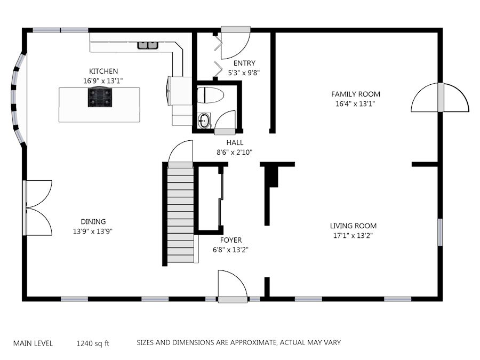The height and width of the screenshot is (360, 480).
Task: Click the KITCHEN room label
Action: (x=103, y=71)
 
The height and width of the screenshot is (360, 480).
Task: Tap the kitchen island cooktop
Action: (x=100, y=97)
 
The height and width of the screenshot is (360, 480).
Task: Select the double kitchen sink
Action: (x=148, y=45)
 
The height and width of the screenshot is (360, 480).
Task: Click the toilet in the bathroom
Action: (x=210, y=95)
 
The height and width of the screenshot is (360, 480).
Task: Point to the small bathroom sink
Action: (x=204, y=121)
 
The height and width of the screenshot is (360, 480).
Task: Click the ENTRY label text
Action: (x=244, y=63)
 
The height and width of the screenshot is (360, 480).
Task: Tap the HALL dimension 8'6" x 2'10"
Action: (x=235, y=152)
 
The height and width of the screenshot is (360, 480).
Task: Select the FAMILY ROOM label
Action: (x=355, y=94)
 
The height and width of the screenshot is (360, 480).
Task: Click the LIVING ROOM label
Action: (x=353, y=226)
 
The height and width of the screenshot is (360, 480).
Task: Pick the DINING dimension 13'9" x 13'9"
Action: (x=93, y=231)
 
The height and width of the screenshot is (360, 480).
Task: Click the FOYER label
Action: (x=231, y=240)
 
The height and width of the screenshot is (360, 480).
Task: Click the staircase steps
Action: (x=181, y=214)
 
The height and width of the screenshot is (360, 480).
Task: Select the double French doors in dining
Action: (x=37, y=208)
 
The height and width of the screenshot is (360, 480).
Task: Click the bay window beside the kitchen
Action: (x=18, y=100)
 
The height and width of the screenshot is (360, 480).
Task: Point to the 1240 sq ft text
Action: (x=93, y=343)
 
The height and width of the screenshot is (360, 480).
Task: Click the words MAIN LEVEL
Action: (x=33, y=343)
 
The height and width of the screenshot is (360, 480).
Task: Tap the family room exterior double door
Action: (x=440, y=98)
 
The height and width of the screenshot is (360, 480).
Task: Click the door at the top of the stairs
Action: (x=181, y=154)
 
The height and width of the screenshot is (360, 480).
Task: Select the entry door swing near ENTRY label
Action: (x=236, y=43)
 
